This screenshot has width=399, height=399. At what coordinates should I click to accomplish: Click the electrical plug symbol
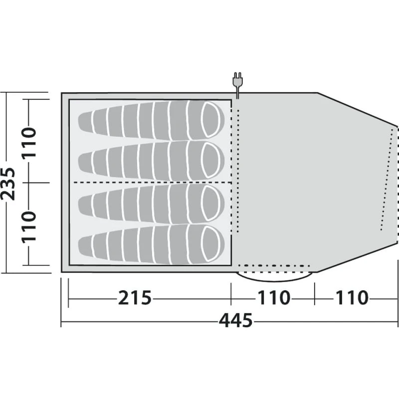[238, 81]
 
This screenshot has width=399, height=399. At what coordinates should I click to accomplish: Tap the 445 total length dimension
[236, 321]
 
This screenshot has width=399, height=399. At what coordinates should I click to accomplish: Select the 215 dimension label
[135, 298]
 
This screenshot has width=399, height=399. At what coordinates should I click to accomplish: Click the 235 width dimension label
[8, 184]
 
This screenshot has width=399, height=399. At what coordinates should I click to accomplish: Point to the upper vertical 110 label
[29, 143]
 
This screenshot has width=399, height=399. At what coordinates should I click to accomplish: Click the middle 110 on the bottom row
[274, 298]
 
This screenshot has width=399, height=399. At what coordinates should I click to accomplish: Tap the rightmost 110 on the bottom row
[352, 298]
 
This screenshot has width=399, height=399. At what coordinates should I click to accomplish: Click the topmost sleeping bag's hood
[210, 119]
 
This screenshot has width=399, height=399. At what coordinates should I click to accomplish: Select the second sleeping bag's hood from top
[210, 160]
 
